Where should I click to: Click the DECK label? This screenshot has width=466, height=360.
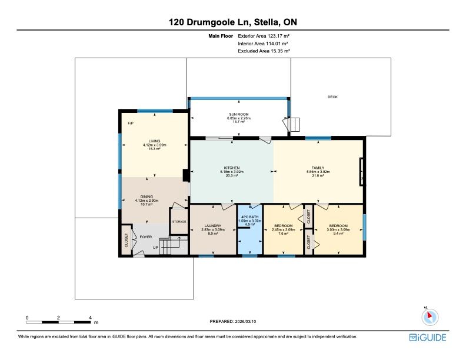(332, 97)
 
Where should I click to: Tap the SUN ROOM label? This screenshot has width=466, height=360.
(239, 114)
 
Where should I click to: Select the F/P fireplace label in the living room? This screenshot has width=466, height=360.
(131, 123)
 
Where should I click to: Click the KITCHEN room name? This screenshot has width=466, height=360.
(232, 168)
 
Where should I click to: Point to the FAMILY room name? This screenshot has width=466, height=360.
(318, 168)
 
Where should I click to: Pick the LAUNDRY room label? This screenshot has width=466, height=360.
(213, 226)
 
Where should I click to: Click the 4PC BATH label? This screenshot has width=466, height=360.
(250, 217)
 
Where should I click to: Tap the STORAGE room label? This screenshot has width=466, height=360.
(179, 222)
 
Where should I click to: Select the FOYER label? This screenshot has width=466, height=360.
(146, 237)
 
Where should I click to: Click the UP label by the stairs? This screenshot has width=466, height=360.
(155, 248)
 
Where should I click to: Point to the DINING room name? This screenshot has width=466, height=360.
(147, 196)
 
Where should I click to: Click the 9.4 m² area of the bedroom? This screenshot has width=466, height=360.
(338, 234)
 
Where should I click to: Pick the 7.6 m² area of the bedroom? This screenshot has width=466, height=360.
(283, 234)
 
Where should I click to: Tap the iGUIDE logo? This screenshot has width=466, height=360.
(428, 338)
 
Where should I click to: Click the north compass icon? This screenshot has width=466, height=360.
(430, 317)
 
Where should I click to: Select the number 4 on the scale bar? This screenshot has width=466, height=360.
(91, 318)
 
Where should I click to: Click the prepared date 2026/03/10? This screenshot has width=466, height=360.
(245, 321)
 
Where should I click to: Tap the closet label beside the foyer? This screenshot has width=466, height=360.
(127, 240)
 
